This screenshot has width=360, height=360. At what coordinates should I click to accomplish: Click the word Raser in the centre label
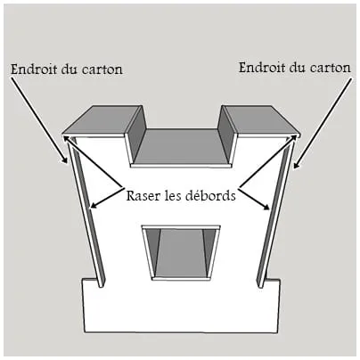tap(142, 196)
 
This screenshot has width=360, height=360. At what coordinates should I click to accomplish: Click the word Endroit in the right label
tap(262, 68)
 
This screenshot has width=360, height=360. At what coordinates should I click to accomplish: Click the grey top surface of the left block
tap(101, 120)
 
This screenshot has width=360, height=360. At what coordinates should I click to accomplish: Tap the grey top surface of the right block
tap(262, 119)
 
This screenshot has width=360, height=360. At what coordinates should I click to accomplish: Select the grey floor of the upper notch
tap(181, 146)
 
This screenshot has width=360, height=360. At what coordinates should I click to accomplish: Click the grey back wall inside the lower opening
tap(181, 252)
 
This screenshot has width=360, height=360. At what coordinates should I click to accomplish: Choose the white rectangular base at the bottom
tap(182, 306)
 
